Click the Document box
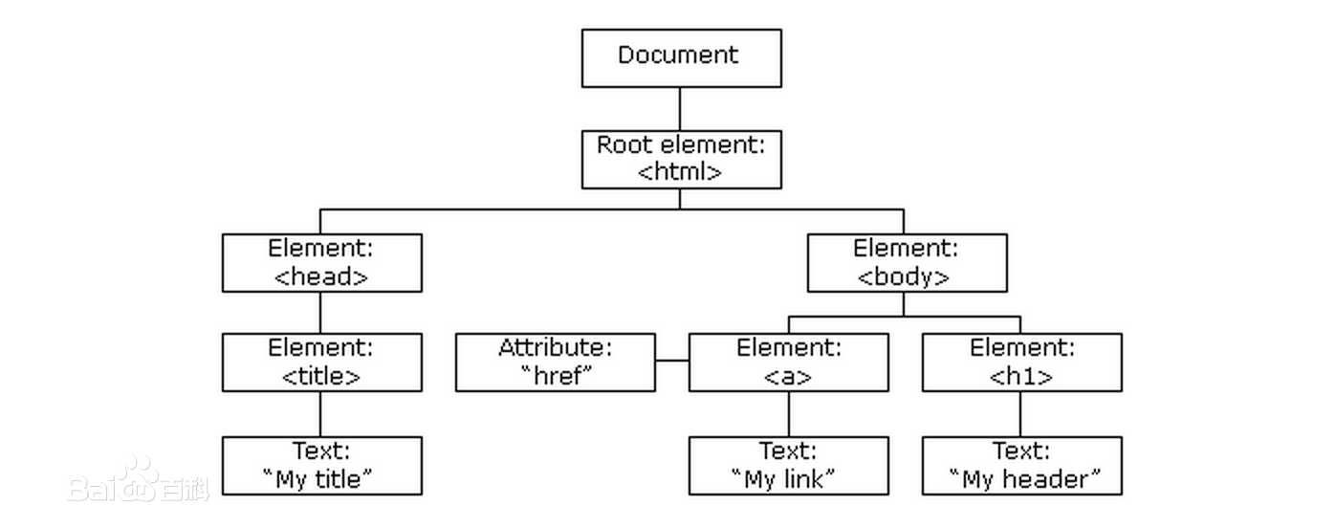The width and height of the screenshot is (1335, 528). coord(681,57)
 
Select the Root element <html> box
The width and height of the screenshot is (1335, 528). coord(681,159)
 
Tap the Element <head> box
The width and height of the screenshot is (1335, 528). coord(321,262)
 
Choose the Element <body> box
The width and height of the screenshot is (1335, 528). coord(907,262)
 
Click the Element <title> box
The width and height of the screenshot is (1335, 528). coord(321,362)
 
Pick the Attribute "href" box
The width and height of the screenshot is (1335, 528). coord(555,362)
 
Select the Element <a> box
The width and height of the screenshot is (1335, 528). coord(788,362)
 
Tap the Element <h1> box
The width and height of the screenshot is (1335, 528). coord(1021,362)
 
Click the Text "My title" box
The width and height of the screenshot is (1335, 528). coord(321,465)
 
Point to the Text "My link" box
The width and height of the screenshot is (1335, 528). coord(788,465)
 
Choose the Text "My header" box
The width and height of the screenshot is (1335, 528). coord(1021,465)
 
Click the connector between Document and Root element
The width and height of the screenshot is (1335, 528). coord(681,108)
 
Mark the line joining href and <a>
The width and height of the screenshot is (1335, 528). coord(672,362)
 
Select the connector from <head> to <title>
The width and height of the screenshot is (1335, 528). coord(320,312)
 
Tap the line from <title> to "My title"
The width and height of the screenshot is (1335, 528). coord(320,413)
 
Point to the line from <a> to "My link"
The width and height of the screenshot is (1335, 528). coord(788,413)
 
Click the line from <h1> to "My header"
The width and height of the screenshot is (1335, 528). coord(1020,413)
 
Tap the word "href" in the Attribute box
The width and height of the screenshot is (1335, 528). coord(556,375)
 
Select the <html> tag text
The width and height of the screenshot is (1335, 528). coord(680,172)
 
